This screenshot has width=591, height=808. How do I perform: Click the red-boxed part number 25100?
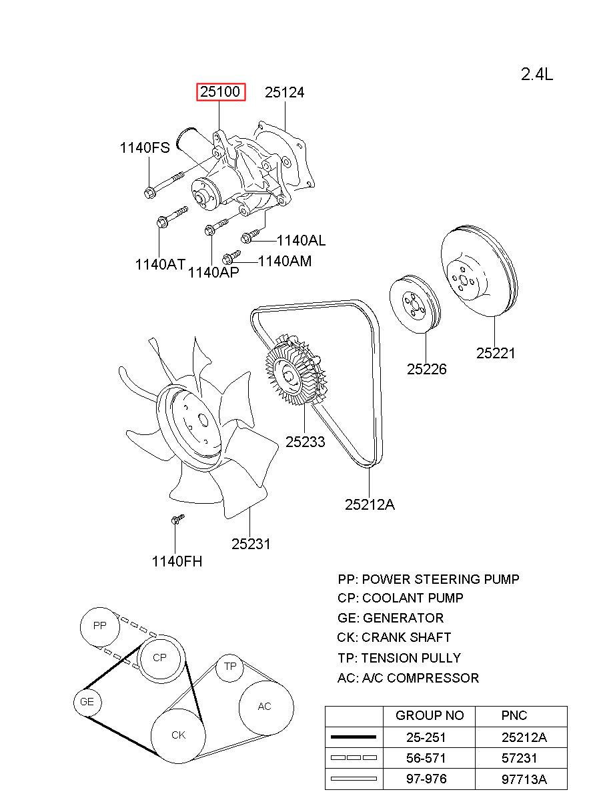[221, 92]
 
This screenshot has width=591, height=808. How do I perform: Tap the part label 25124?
[284, 93]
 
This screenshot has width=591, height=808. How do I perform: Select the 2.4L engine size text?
[536, 74]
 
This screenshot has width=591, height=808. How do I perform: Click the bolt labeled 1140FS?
[163, 185]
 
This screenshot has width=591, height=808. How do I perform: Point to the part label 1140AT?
[160, 264]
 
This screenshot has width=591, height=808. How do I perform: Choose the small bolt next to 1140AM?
[231, 256]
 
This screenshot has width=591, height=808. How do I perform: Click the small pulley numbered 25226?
[414, 304]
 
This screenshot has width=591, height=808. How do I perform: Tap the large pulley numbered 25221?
[480, 273]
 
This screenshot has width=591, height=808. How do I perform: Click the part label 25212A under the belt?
[370, 504]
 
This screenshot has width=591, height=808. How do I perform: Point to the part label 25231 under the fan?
[251, 544]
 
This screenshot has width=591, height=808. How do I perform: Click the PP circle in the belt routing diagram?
[99, 626]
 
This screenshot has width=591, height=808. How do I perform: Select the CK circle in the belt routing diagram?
[178, 735]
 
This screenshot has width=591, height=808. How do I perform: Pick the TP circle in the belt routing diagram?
[230, 667]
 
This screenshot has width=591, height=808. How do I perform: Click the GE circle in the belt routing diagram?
[87, 702]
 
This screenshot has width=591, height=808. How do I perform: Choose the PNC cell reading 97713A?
[524, 779]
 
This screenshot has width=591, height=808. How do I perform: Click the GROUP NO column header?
[430, 716]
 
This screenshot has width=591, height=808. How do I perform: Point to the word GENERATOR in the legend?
[403, 618]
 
